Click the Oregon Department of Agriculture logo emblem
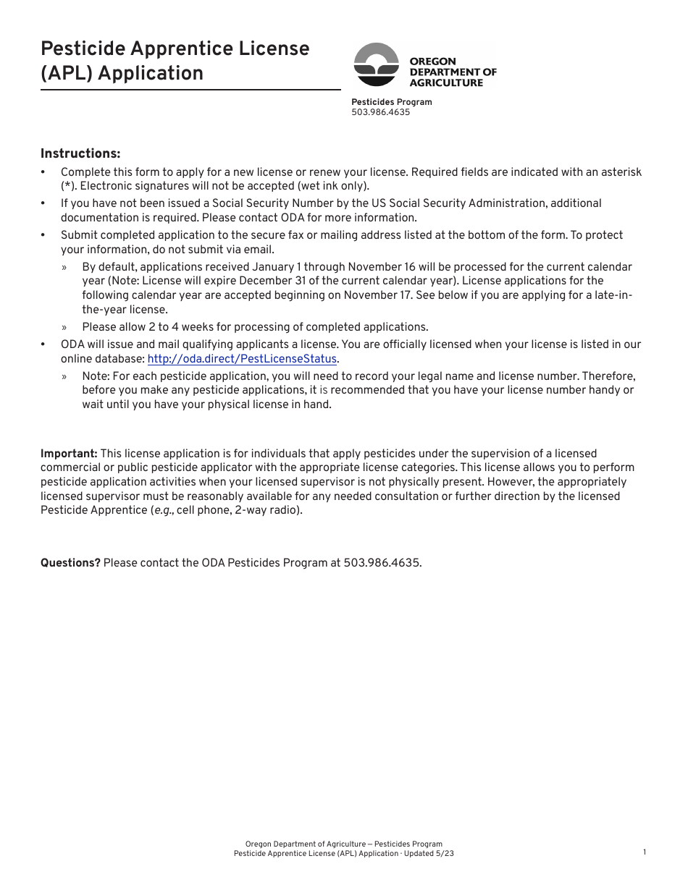click(x=376, y=64)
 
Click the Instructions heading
click(x=80, y=153)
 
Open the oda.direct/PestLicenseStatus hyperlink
click(x=242, y=359)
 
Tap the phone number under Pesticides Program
click(x=380, y=112)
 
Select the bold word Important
click(x=69, y=454)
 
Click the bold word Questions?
click(x=70, y=563)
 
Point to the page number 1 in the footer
click(x=644, y=852)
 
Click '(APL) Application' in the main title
click(x=122, y=73)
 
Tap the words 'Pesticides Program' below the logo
click(x=391, y=102)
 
